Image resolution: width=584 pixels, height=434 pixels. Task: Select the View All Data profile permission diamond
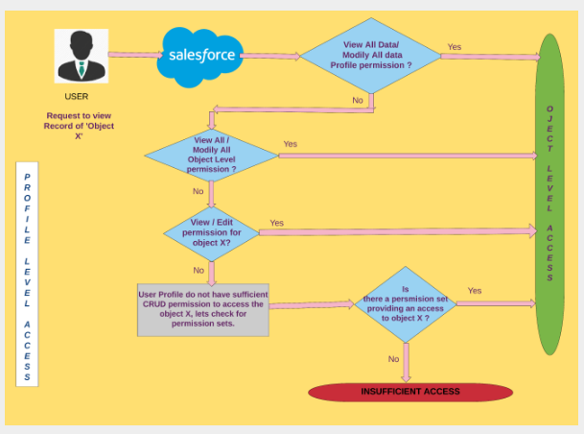(x=371, y=55)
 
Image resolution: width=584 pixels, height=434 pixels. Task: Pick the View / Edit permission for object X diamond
(x=211, y=230)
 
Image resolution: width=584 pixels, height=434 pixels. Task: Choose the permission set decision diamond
(x=405, y=302)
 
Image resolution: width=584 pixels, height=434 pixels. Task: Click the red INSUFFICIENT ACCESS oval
(x=409, y=392)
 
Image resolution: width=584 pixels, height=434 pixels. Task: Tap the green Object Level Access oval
(x=549, y=192)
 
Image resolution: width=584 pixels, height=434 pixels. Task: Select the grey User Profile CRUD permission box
(x=203, y=309)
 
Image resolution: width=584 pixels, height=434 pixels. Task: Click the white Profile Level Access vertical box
(x=27, y=275)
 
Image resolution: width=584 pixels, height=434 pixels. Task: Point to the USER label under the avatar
(x=77, y=97)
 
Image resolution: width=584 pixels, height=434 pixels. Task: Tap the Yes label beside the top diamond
(x=455, y=46)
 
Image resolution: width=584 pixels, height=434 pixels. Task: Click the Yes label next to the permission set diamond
(x=475, y=290)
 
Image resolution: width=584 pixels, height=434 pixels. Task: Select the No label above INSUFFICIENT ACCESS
(x=393, y=358)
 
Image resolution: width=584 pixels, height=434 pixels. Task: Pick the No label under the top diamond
(x=358, y=100)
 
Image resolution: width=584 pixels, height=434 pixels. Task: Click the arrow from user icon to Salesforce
(x=133, y=54)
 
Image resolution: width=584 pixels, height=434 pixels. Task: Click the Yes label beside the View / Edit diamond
(x=277, y=223)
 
